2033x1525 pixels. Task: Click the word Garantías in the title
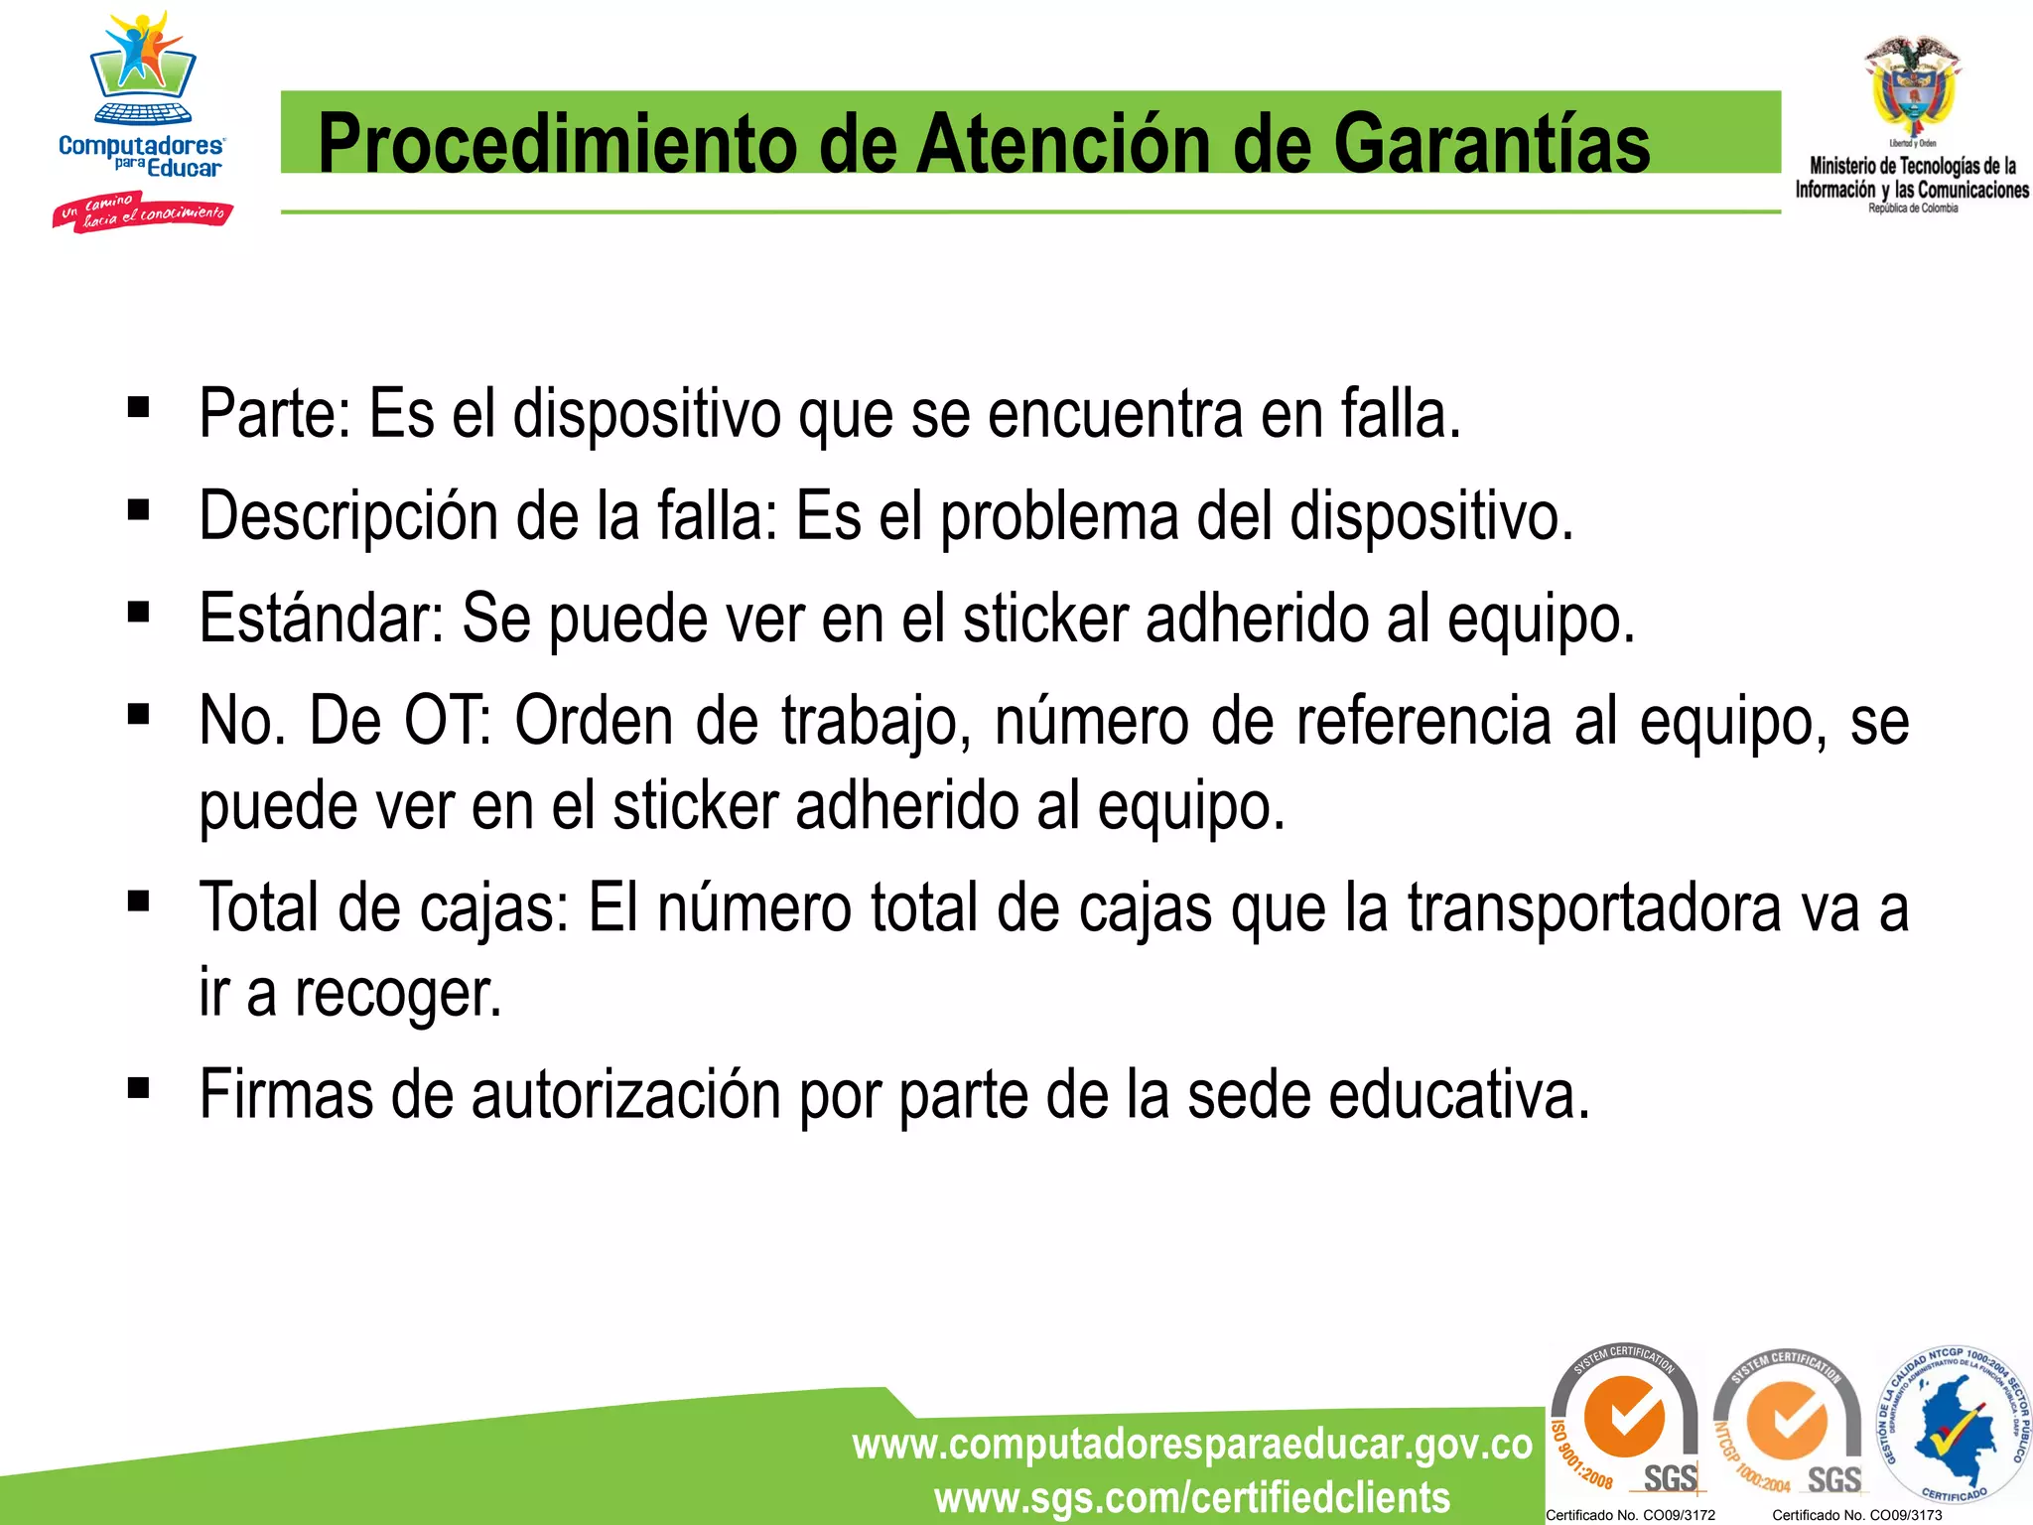(x=1491, y=144)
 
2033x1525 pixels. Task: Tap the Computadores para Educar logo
(x=141, y=99)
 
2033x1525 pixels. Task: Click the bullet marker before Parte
(x=138, y=407)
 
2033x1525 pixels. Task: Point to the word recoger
(x=398, y=993)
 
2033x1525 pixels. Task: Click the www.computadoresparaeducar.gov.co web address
(x=1192, y=1445)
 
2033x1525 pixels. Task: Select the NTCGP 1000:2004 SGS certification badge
(x=1788, y=1424)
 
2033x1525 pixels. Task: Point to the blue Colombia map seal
(x=1952, y=1426)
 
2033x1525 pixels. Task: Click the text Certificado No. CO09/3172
(x=1630, y=1515)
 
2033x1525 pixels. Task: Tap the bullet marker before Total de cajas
(x=138, y=901)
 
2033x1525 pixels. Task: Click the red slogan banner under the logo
(x=142, y=211)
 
